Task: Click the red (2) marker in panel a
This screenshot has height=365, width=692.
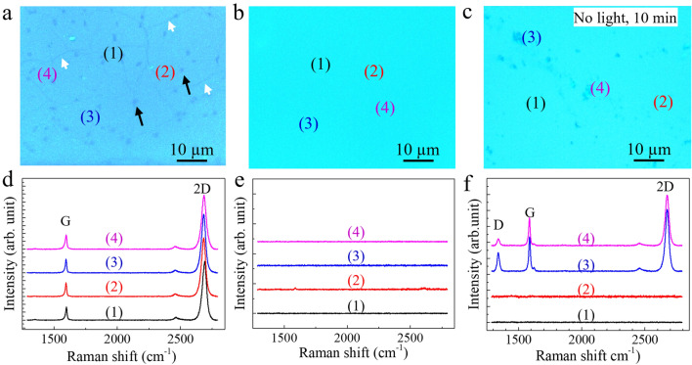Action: (165, 71)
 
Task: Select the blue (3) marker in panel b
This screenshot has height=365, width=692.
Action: (308, 123)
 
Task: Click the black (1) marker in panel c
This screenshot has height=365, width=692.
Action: (535, 104)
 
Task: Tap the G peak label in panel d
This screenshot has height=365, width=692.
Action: (65, 218)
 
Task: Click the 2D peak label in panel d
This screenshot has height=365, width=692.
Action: (202, 184)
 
